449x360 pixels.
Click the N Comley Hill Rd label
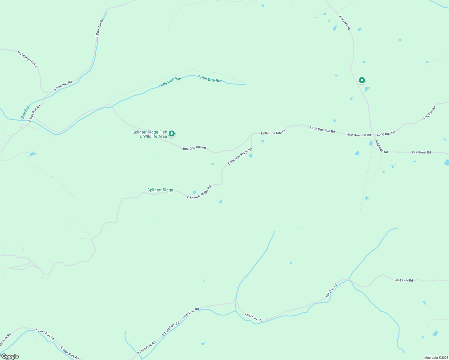28,59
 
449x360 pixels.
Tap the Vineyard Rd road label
345,22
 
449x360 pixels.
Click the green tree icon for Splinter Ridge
171,133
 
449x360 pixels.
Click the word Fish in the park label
163,132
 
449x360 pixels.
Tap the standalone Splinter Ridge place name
160,190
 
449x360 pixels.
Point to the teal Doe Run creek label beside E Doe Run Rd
26,112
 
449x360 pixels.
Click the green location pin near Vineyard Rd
362,80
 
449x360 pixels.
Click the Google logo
10,356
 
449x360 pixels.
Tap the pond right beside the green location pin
367,89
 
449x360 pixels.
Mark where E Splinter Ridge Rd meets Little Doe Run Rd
252,134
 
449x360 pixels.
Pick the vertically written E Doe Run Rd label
100,28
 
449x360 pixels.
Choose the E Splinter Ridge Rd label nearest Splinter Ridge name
199,193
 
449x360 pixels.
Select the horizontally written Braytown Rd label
421,152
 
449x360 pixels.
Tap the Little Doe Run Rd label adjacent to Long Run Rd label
358,135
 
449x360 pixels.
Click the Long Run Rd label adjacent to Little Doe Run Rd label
386,133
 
